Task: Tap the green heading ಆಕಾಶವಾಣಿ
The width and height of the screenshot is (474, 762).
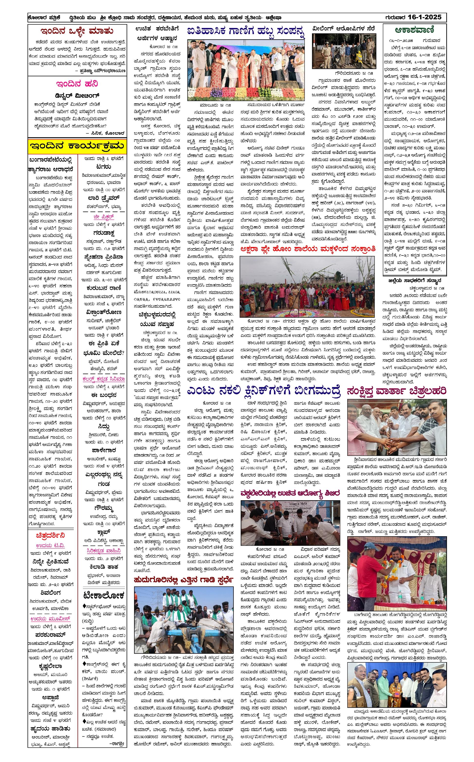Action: coord(414,30)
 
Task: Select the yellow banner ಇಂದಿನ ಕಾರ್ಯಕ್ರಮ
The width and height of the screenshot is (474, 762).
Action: coord(77,146)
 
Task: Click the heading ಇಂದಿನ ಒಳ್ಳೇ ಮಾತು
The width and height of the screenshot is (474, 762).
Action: coord(77,31)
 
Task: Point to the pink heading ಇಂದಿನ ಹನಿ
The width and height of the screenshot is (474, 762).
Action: coord(77,84)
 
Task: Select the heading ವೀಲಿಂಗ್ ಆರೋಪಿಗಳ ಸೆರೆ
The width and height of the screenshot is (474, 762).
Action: coord(343,28)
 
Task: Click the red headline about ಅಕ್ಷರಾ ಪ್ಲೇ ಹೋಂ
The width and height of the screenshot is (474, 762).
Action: coord(308,249)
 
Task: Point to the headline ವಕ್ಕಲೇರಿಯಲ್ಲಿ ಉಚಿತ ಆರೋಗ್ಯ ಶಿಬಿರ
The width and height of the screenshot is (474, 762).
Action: coord(290,493)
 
